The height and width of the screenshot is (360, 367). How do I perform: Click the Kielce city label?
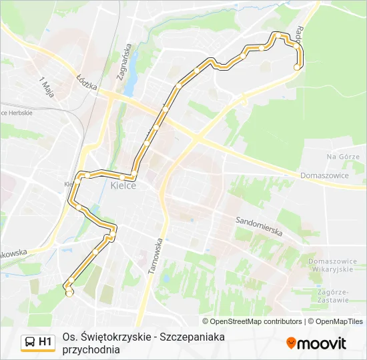[x=123, y=185]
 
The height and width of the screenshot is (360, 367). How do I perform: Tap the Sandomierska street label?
[x=259, y=227]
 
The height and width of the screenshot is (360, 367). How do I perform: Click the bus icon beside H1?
[x=30, y=343]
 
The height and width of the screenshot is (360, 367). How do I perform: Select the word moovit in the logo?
[x=322, y=343]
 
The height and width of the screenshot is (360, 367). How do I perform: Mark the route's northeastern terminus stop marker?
[x=298, y=67]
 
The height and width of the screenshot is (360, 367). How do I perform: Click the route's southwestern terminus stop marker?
[x=69, y=294]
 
